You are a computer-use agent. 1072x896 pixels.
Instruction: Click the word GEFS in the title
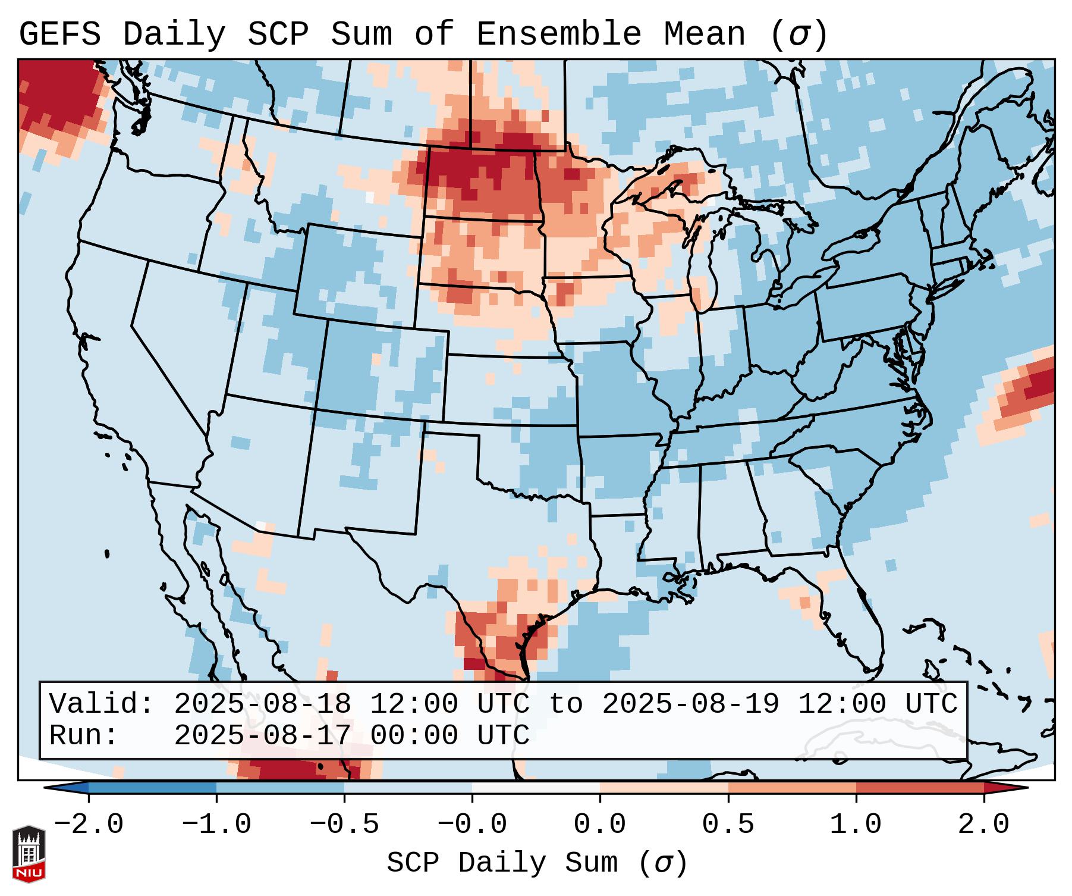pyautogui.click(x=59, y=35)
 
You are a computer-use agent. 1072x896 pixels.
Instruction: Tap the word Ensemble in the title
pyautogui.click(x=558, y=35)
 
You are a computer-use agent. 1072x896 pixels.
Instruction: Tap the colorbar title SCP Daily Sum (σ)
pyautogui.click(x=537, y=863)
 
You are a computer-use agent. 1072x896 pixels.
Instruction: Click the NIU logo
pyautogui.click(x=29, y=854)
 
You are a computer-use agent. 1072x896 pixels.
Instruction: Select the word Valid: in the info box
pyautogui.click(x=102, y=704)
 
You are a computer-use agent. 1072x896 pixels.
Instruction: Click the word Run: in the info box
pyautogui.click(x=84, y=735)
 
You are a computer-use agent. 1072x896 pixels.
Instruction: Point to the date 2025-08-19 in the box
pyautogui.click(x=690, y=704)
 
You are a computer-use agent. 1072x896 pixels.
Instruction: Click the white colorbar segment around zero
pyautogui.click(x=536, y=788)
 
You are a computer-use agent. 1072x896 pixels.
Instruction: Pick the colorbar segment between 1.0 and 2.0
pyautogui.click(x=920, y=788)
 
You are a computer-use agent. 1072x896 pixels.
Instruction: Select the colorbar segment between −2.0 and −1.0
pyautogui.click(x=152, y=788)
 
